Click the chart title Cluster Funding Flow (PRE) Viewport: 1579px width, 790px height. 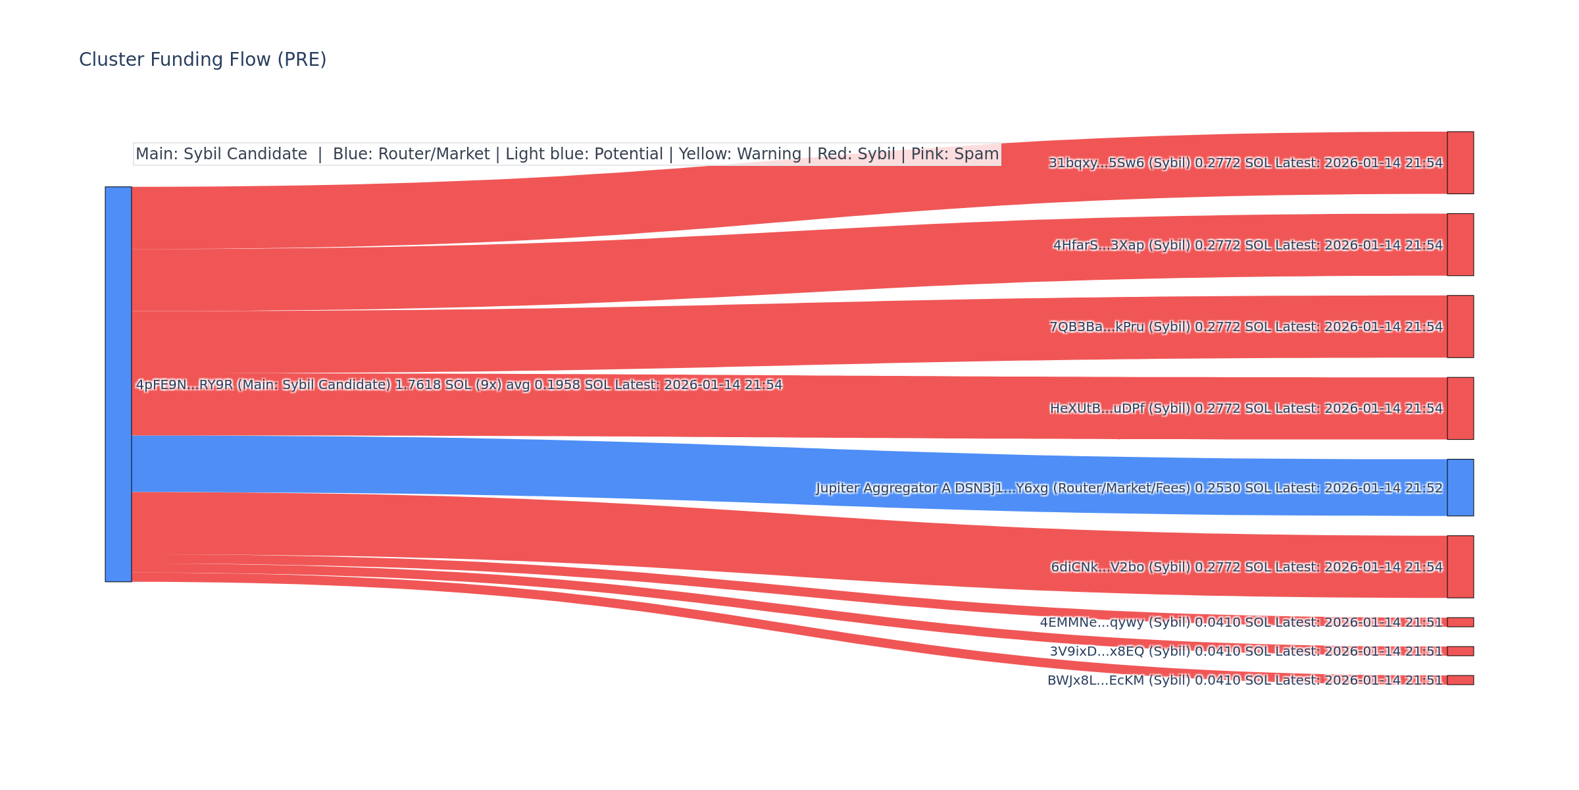click(x=203, y=60)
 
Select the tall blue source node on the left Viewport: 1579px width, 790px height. click(x=118, y=384)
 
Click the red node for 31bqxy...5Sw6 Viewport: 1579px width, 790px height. click(x=1460, y=163)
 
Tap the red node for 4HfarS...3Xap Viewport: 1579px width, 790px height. click(x=1460, y=244)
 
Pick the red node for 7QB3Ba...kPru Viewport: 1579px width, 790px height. click(x=1460, y=327)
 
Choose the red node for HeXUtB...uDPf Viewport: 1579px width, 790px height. click(x=1460, y=408)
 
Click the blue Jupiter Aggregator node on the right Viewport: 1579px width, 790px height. click(x=1460, y=487)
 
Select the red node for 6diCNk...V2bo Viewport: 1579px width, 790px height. click(x=1460, y=566)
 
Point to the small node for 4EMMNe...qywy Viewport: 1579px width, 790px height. click(x=1460, y=622)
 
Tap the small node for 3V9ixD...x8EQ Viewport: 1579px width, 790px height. click(x=1460, y=651)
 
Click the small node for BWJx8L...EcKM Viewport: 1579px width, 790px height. click(x=1460, y=680)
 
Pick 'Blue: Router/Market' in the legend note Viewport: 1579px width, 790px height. click(x=411, y=154)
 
